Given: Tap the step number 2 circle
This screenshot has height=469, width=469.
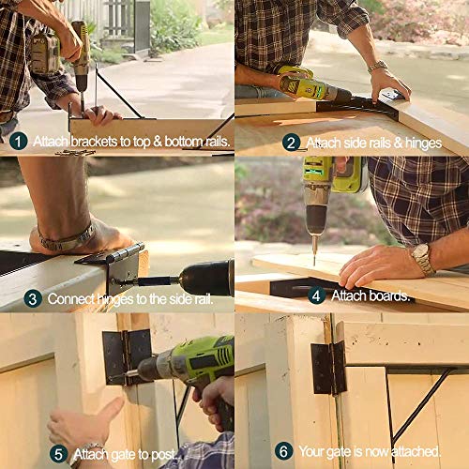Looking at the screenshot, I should tap(292, 143).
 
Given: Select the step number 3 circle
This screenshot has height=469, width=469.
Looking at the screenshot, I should tap(33, 299).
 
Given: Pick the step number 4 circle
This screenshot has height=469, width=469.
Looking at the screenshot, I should tap(316, 295).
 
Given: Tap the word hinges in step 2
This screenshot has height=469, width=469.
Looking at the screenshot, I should tap(419, 144).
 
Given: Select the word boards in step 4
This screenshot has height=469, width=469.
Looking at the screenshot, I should tap(390, 296).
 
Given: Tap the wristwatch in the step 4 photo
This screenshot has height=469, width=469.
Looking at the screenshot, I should tap(422, 258).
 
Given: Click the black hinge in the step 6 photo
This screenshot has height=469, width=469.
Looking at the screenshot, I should tap(328, 367).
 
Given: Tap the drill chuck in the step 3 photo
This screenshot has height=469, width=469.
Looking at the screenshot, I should tap(164, 280).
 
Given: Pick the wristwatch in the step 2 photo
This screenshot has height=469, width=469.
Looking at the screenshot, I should tap(378, 67).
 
